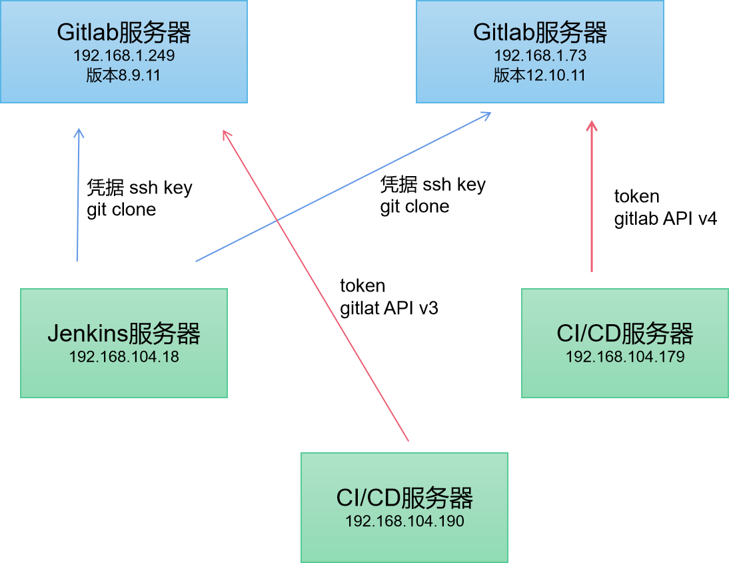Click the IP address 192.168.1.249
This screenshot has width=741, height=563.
pyautogui.click(x=124, y=55)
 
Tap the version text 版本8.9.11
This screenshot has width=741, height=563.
pyautogui.click(x=124, y=75)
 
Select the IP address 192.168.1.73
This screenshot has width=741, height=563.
pyautogui.click(x=540, y=55)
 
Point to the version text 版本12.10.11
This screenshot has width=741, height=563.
pyautogui.click(x=540, y=75)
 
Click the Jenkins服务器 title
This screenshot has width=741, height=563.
pyautogui.click(x=124, y=333)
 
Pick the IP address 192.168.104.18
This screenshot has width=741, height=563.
pyautogui.click(x=124, y=357)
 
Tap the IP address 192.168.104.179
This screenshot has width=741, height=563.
pyautogui.click(x=625, y=357)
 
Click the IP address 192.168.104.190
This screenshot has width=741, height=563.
pyautogui.click(x=404, y=521)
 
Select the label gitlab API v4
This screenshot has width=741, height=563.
pyautogui.click(x=665, y=218)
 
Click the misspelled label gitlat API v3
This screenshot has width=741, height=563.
pyautogui.click(x=389, y=308)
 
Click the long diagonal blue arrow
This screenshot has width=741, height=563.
pyautogui.click(x=343, y=187)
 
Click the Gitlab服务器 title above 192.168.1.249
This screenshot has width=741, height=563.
pyautogui.click(x=124, y=32)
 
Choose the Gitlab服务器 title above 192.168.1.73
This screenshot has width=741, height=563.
pyautogui.click(x=540, y=32)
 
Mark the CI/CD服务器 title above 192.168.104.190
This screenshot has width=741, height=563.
pyautogui.click(x=404, y=498)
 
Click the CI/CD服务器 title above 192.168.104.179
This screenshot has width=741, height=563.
pyautogui.click(x=625, y=333)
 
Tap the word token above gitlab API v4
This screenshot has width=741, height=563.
pyautogui.click(x=636, y=196)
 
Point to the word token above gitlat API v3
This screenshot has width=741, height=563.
pyautogui.click(x=363, y=286)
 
